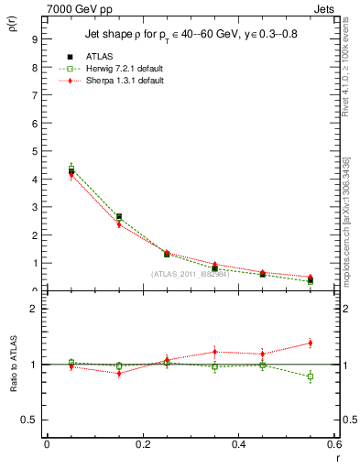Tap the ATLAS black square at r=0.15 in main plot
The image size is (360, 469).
[119, 217]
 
